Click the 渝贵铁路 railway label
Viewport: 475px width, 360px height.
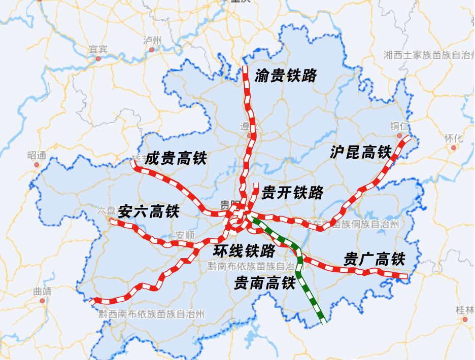point(286,76)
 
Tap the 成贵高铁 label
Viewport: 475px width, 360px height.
point(176,159)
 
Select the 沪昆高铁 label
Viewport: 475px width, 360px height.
point(361,152)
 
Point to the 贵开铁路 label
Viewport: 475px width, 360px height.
point(292,192)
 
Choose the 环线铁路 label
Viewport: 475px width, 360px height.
point(244,250)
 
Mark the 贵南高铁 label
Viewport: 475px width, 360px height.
point(264,283)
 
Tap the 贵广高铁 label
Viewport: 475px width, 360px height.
point(374,260)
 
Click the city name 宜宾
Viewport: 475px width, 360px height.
point(98,49)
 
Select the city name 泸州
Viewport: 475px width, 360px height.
point(152,41)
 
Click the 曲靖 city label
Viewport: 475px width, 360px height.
point(42,292)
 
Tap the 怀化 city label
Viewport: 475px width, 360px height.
point(454,138)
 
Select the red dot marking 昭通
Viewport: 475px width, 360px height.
point(37,165)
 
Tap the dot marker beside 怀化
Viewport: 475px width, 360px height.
point(454,148)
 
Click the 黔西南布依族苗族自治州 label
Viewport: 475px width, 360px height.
point(152,314)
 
